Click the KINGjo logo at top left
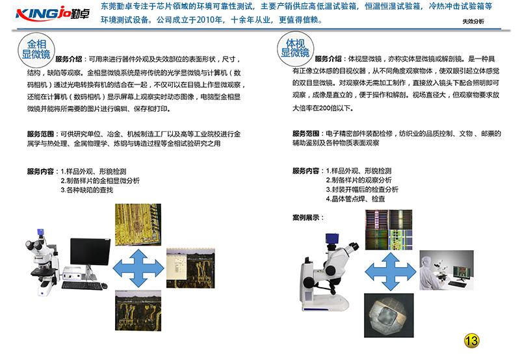pyautogui.click(x=53, y=14)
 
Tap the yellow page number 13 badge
pyautogui.click(x=471, y=341)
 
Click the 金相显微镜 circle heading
pyautogui.click(x=36, y=49)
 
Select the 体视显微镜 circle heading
pyautogui.click(x=295, y=48)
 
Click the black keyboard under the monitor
pyautogui.click(x=83, y=286)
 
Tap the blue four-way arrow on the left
pyautogui.click(x=138, y=268)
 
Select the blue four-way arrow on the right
pyautogui.click(x=391, y=272)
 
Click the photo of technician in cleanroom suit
pyautogui.click(x=447, y=270)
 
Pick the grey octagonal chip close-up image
pyautogui.click(x=389, y=315)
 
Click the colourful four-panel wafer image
pyautogui.click(x=389, y=230)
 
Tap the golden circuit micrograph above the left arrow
pyautogui.click(x=138, y=225)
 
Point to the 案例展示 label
pyautogui.click(x=307, y=218)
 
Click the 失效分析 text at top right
pyautogui.click(x=473, y=21)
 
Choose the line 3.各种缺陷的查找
pyautogui.click(x=87, y=190)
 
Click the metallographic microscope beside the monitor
pyautogui.click(x=42, y=262)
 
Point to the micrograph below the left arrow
pyautogui.click(x=138, y=311)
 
